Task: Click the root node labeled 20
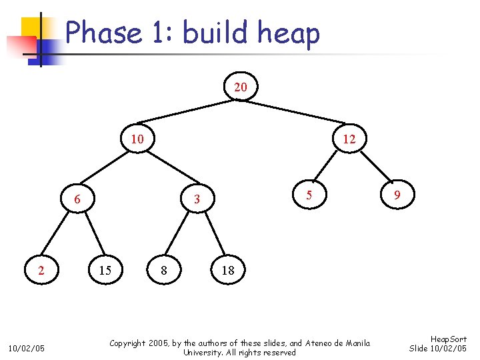240,87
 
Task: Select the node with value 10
137,139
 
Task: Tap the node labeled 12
349,139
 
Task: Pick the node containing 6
77,199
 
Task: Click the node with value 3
197,199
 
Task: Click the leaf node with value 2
41,270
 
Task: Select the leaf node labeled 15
105,270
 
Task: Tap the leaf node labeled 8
164,270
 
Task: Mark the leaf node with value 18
228,270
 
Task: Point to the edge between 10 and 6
107,169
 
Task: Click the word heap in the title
289,33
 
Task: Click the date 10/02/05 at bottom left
26,348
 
